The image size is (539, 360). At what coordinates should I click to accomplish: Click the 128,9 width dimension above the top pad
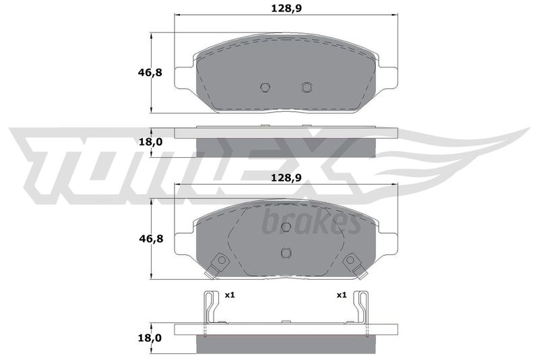[x=286, y=8]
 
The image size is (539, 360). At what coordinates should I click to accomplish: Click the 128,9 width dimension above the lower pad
[x=286, y=178]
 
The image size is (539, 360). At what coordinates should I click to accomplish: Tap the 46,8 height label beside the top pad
[x=150, y=73]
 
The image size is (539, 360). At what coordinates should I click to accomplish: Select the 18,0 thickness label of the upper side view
[x=150, y=142]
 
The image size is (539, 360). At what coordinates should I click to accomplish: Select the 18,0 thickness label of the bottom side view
[x=150, y=338]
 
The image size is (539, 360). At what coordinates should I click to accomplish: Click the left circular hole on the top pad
[x=265, y=88]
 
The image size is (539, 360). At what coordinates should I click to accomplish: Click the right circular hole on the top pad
[x=307, y=88]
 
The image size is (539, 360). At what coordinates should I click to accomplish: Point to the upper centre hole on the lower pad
[x=286, y=227]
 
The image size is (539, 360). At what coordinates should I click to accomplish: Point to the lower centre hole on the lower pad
[x=286, y=253]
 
